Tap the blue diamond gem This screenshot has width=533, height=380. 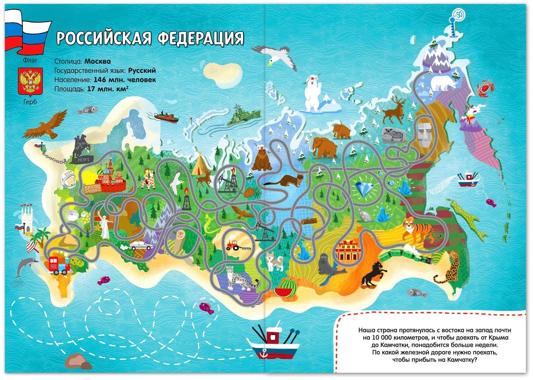click(x=365, y=188)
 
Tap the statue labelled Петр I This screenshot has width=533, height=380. click(x=82, y=148)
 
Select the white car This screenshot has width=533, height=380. click(x=142, y=245)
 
